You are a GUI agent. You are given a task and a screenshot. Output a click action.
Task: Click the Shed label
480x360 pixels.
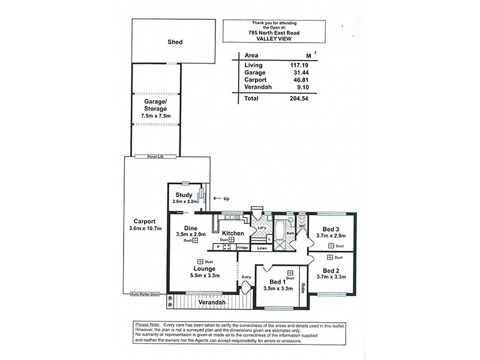[x=175, y=43]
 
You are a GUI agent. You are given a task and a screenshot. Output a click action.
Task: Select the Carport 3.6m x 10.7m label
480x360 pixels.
[x=146, y=225]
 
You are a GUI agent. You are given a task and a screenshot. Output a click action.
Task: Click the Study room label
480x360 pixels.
[x=183, y=195]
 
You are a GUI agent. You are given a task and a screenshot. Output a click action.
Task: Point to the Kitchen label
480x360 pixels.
[x=233, y=233]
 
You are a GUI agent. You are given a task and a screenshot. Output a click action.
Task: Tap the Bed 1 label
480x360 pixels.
[x=277, y=282]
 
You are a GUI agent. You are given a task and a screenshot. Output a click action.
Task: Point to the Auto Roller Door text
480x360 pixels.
[x=146, y=295]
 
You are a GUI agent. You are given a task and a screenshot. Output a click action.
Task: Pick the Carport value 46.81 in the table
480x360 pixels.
[x=292, y=79]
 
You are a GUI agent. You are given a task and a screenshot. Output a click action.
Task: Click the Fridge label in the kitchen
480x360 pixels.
[x=242, y=248]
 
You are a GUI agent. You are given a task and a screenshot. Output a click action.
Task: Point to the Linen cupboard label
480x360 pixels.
[x=262, y=248]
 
